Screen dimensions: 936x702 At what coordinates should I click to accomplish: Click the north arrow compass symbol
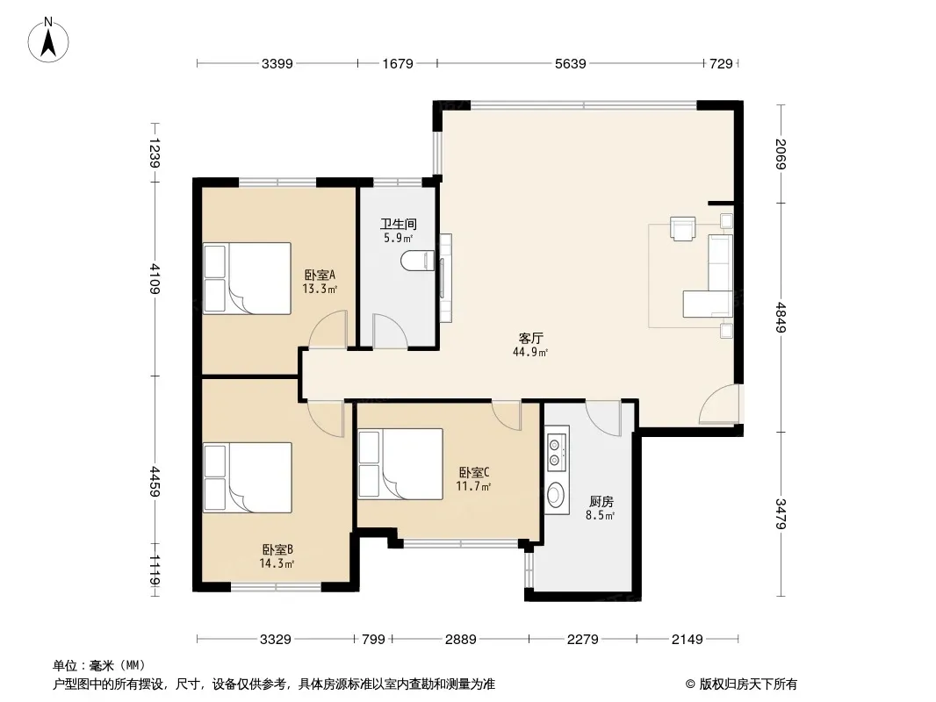48,40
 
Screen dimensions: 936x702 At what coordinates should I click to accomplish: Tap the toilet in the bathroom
418,261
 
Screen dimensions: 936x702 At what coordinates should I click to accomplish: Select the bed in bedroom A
247,278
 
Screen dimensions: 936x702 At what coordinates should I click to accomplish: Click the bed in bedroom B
247,477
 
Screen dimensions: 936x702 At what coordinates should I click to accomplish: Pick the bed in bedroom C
400,463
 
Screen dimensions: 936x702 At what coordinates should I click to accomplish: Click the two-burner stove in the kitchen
557,451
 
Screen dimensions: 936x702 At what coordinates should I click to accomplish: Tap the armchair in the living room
682,228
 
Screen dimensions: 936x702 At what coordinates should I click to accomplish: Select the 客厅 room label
530,338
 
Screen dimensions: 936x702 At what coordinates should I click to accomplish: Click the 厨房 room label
601,502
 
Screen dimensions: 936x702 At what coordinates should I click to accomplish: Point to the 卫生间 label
398,225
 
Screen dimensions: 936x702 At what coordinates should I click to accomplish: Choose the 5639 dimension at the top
570,63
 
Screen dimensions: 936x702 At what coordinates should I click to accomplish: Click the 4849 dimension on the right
781,318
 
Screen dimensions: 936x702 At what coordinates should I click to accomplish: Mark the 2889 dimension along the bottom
460,640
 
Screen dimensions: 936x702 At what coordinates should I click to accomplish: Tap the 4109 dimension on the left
154,278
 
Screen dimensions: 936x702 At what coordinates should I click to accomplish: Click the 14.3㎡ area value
277,563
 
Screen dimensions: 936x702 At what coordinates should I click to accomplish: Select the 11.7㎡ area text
473,486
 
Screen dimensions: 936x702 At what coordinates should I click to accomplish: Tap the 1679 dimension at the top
398,63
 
